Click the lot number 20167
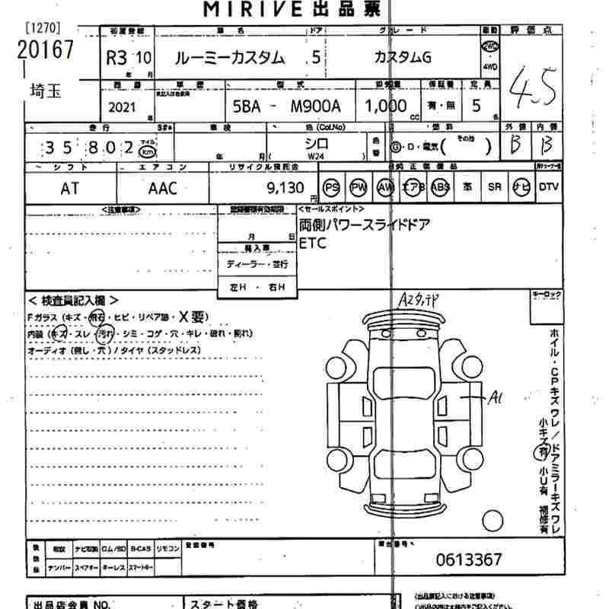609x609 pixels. (x=46, y=49)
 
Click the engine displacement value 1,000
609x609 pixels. (x=386, y=107)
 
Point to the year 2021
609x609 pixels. (x=123, y=107)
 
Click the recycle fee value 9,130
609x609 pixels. (x=286, y=188)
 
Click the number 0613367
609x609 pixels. (x=468, y=560)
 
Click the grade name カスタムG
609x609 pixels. (x=403, y=57)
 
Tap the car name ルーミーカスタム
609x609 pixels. (x=231, y=57)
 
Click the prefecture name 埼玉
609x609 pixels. (x=46, y=93)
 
